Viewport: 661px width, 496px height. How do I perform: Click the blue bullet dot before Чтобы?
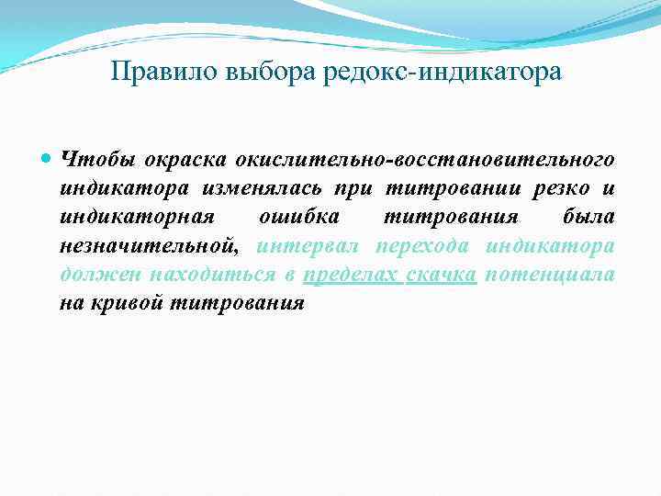48,158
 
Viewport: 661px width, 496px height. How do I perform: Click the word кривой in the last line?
124,303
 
